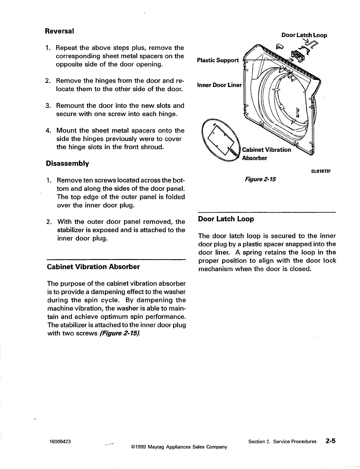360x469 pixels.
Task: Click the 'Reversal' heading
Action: [59, 31]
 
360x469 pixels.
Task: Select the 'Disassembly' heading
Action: [67, 163]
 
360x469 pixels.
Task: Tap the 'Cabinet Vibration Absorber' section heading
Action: [93, 266]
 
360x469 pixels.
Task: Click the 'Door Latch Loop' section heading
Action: [226, 219]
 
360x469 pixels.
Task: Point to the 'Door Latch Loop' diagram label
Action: [304, 35]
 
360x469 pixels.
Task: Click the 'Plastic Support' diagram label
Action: [218, 60]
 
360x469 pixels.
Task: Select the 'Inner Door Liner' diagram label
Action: [219, 85]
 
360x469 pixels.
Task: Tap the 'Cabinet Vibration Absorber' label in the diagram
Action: [266, 154]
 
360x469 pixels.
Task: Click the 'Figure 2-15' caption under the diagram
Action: [260, 179]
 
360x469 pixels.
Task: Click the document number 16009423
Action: [60, 441]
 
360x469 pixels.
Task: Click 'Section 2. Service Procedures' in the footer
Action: [282, 441]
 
